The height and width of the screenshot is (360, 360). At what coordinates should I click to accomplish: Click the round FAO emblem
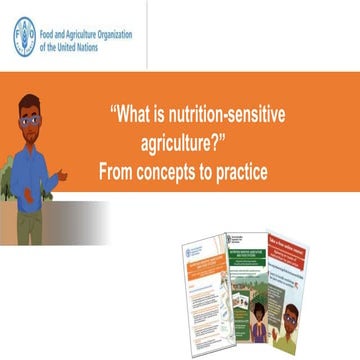pos(24,39)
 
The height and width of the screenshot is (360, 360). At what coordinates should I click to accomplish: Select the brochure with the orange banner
pos(204,290)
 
